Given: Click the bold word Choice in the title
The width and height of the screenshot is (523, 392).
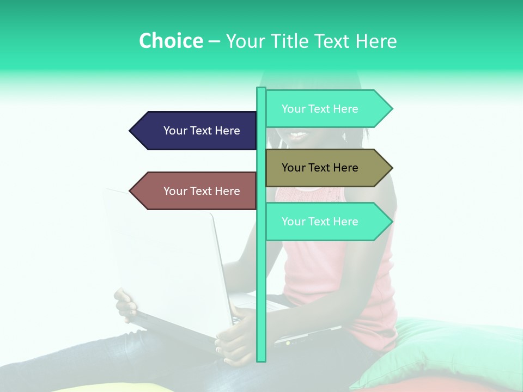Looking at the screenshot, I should click(171, 41).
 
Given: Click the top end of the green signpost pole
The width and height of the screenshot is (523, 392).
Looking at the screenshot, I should click(261, 89).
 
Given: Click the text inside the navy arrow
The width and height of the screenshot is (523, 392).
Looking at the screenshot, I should click(202, 131).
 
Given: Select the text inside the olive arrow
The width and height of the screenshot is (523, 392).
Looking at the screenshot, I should click(320, 168).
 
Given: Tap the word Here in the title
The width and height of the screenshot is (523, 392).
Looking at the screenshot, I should click(376, 41).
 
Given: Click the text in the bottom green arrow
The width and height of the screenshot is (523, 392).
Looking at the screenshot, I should click(320, 222).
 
